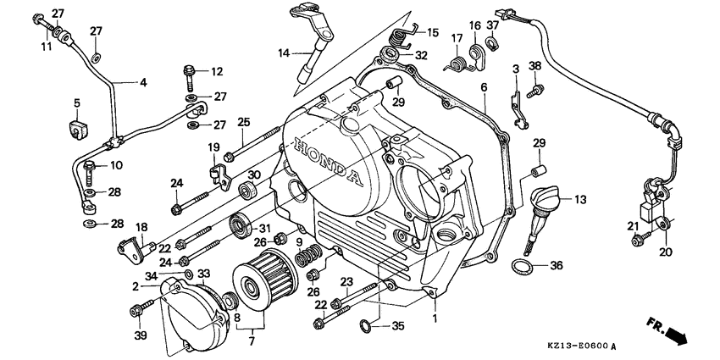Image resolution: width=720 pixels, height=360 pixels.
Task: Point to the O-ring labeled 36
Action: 522,268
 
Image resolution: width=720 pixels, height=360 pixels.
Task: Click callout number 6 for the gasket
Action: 484,87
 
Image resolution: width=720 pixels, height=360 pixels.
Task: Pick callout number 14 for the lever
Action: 284,53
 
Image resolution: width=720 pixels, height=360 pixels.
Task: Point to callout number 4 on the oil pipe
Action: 141,83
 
